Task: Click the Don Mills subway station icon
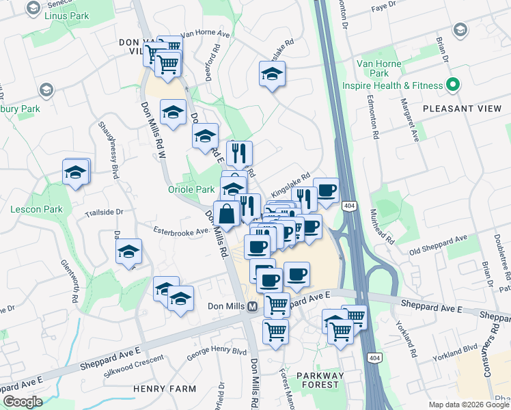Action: click(252, 307)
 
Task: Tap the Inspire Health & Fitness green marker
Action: click(452, 86)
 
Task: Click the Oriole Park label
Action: click(192, 189)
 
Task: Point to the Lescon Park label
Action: click(36, 209)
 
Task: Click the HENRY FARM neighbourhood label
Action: click(165, 389)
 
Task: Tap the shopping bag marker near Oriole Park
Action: click(227, 213)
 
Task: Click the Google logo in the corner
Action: click(23, 402)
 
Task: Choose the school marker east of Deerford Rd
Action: click(272, 74)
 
